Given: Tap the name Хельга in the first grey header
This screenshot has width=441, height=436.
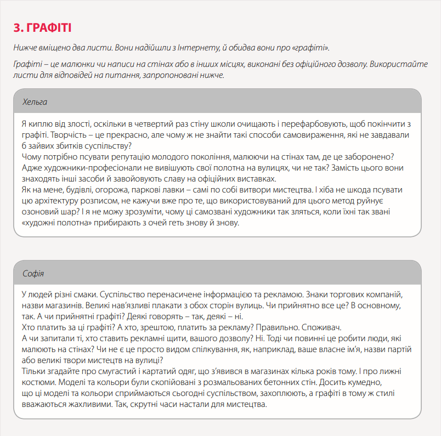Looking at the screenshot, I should pyautogui.click(x=35, y=102).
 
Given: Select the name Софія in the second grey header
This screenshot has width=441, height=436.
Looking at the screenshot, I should pyautogui.click(x=33, y=274).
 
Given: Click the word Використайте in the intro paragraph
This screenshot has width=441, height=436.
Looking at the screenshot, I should pyautogui.click(x=400, y=64).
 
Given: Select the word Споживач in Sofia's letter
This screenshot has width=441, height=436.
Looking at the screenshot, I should pyautogui.click(x=323, y=328).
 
